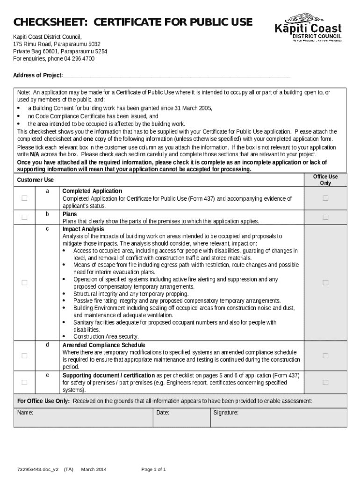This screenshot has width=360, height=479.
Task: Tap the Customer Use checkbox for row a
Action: click(24, 198)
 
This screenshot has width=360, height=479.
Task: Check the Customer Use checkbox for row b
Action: click(24, 217)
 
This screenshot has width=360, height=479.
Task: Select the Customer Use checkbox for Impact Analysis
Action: click(24, 283)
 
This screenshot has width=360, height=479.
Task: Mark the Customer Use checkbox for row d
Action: click(24, 356)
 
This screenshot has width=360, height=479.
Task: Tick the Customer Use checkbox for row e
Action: click(24, 382)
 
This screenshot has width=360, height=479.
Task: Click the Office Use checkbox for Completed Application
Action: click(325, 198)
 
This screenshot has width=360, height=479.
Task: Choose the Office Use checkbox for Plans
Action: click(325, 217)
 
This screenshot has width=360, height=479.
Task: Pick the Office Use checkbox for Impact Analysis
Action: click(325, 283)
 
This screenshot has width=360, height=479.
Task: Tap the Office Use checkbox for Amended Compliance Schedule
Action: click(325, 356)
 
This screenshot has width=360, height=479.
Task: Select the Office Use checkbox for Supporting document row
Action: click(325, 382)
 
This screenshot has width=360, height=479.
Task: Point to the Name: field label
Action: click(25, 413)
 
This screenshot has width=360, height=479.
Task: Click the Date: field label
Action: click(163, 413)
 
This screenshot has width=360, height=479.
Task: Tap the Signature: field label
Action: click(226, 413)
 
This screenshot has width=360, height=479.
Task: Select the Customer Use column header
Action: click(36, 180)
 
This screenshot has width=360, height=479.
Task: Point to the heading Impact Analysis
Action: click(83, 229)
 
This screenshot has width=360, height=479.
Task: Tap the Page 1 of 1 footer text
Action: click(153, 469)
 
